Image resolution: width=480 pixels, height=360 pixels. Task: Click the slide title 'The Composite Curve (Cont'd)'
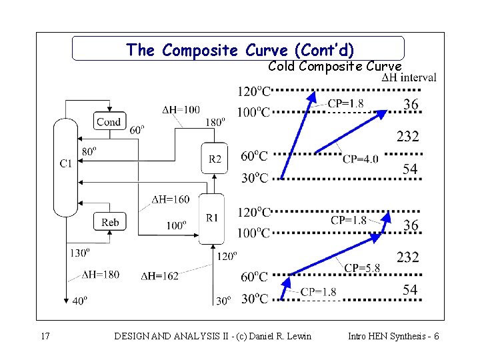click(x=240, y=50)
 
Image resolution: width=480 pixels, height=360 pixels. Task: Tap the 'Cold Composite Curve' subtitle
click(x=335, y=66)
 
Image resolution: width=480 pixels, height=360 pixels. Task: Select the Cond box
click(x=109, y=121)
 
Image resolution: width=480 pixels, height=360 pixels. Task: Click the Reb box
click(x=110, y=222)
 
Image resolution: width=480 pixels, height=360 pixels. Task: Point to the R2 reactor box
click(x=215, y=159)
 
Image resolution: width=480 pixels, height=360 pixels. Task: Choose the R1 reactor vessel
click(x=212, y=217)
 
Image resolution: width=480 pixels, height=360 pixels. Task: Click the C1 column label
click(x=66, y=163)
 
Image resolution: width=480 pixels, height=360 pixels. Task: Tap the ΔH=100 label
click(x=181, y=109)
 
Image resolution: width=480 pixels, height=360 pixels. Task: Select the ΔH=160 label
click(x=171, y=199)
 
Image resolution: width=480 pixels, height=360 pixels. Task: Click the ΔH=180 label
click(x=101, y=274)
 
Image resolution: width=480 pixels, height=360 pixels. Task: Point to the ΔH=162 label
click(x=160, y=276)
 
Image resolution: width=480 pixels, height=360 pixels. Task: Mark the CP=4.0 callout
click(x=361, y=159)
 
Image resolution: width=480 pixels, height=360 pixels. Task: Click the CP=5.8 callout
click(x=362, y=268)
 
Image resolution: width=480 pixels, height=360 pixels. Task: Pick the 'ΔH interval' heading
click(x=409, y=78)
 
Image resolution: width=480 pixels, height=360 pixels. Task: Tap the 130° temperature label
click(x=79, y=253)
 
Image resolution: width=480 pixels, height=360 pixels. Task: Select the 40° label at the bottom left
click(x=79, y=301)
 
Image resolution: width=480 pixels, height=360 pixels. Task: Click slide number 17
click(x=45, y=336)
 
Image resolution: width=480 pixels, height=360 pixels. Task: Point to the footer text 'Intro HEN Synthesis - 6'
click(x=393, y=336)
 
